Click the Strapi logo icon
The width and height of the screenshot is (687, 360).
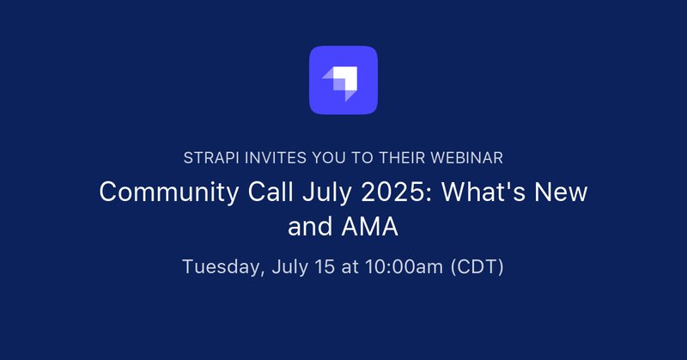pos(343,80)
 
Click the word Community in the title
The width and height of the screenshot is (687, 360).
pos(169,192)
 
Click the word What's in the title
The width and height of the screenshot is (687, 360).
pos(483,192)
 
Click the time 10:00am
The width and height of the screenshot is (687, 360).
pos(404,266)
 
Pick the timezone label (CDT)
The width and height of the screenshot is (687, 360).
pos(477,267)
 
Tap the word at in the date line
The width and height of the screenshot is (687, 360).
pos(350,267)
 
